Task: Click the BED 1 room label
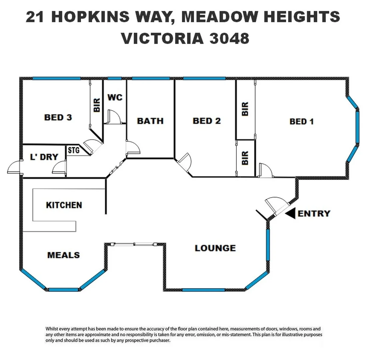301,121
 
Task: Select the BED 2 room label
207,121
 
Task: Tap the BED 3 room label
58,117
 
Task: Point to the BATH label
150,121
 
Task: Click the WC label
115,97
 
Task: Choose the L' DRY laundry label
44,157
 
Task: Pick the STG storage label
74,150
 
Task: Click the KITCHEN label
64,205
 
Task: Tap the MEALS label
63,255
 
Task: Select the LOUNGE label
215,248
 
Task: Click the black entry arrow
290,213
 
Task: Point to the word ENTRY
314,213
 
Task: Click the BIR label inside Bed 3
97,105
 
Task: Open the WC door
113,117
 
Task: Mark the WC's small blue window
115,79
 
